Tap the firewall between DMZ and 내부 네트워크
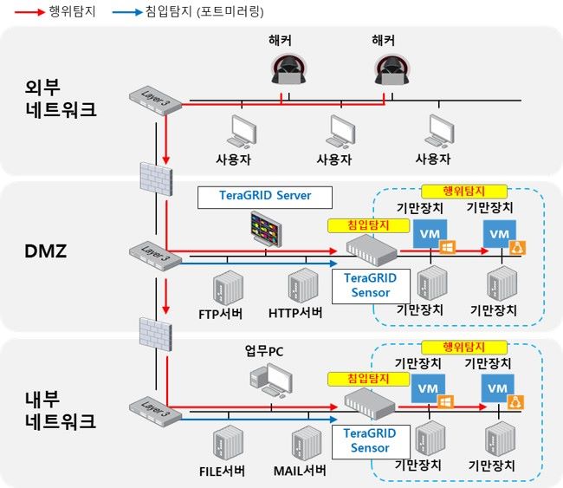pyautogui.click(x=157, y=335)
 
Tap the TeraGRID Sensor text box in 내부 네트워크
pyautogui.click(x=370, y=440)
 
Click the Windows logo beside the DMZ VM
pyautogui.click(x=447, y=248)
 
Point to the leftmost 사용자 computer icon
pyautogui.click(x=240, y=131)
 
